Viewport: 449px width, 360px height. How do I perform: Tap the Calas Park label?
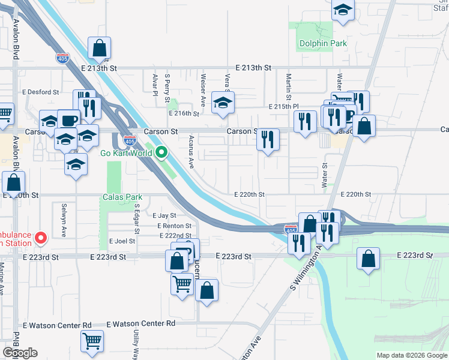click(x=122, y=197)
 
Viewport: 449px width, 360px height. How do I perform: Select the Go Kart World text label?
click(x=125, y=153)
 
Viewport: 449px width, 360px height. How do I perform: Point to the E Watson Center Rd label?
click(x=140, y=323)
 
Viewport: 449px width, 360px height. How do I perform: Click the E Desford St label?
click(x=40, y=92)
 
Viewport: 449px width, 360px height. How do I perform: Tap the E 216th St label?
click(x=184, y=113)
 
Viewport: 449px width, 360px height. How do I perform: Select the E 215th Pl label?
click(x=284, y=106)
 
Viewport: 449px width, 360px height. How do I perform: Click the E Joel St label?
click(x=122, y=241)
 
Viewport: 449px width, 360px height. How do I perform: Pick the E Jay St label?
click(x=164, y=215)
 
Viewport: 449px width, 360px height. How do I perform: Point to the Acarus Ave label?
click(x=191, y=148)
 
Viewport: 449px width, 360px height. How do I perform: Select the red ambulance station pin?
click(x=41, y=238)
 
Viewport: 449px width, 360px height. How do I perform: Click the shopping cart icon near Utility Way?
click(x=92, y=341)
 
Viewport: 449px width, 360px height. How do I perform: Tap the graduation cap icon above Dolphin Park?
click(x=343, y=10)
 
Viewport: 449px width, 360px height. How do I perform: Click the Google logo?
click(x=20, y=353)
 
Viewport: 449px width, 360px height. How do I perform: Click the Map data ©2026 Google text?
click(x=411, y=355)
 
